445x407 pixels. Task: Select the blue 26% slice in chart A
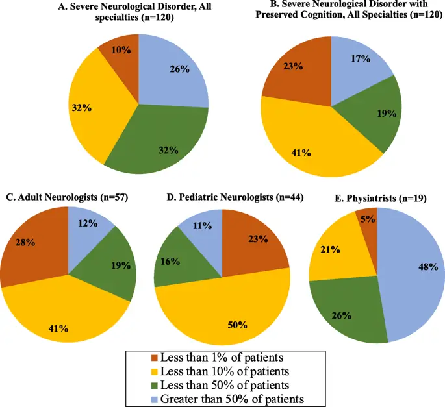(x=174, y=71)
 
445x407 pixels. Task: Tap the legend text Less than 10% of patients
(x=223, y=371)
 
